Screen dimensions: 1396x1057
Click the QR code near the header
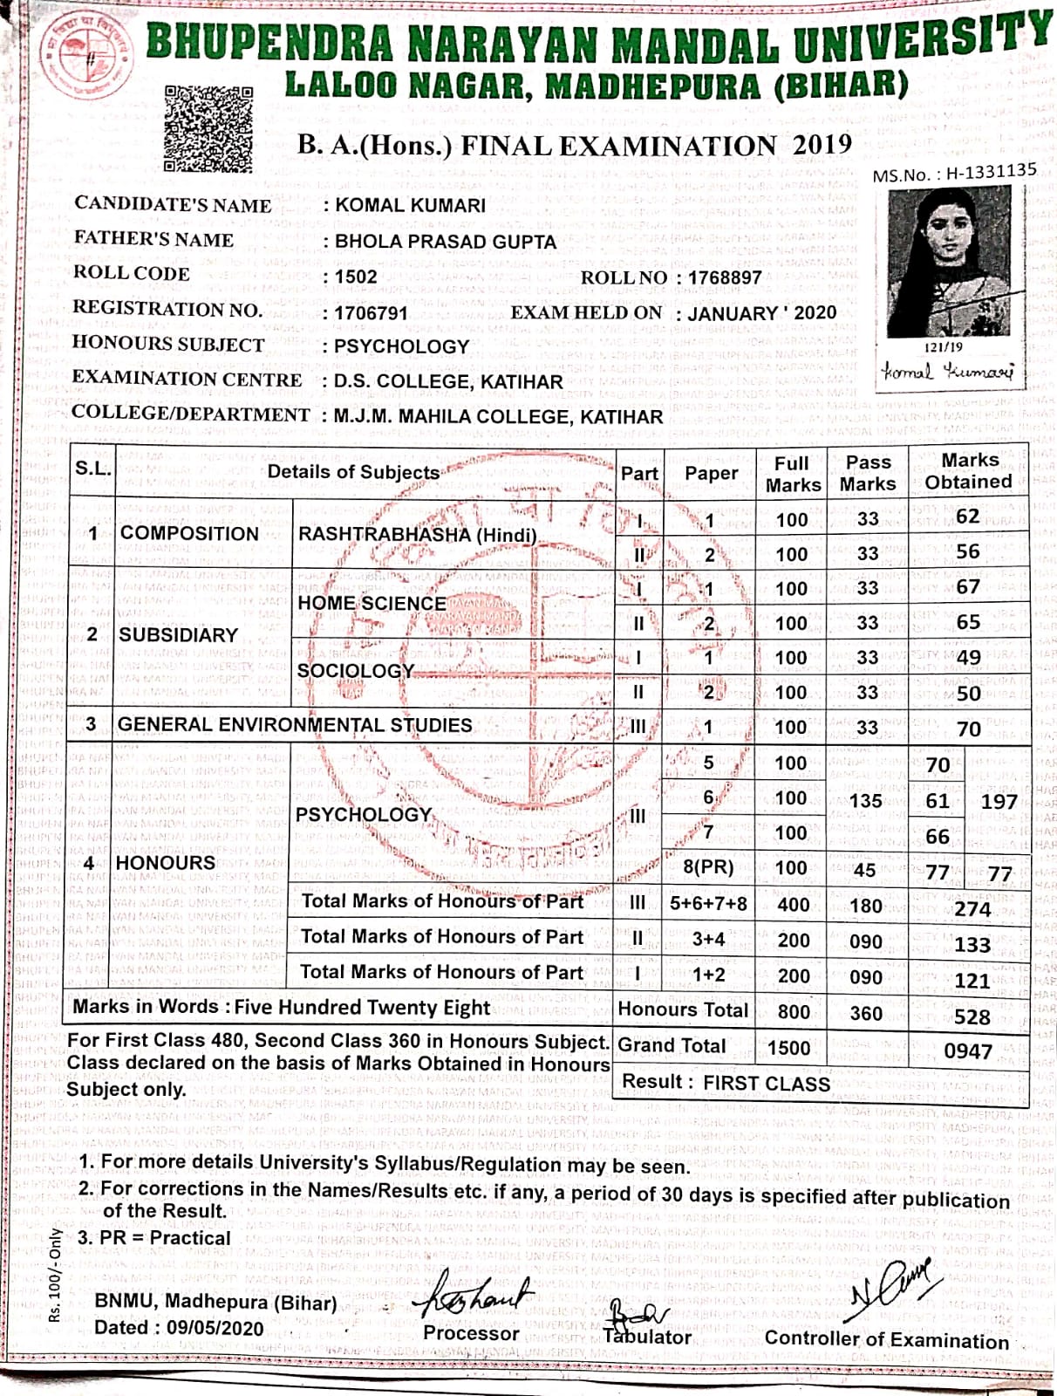tap(208, 128)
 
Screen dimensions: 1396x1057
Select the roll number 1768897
tap(724, 277)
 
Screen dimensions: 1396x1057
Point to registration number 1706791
tap(372, 312)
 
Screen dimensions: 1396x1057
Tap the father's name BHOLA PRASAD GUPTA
tap(445, 241)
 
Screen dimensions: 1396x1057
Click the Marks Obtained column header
tap(968, 471)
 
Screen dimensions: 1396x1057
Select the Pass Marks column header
tap(868, 473)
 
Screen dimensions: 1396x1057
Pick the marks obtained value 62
tap(967, 517)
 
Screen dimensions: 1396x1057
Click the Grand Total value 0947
tap(967, 1050)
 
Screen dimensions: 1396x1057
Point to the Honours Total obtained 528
tap(972, 1016)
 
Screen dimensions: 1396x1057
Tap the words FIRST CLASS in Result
tap(767, 1084)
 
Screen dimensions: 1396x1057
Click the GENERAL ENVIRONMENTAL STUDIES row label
tap(295, 725)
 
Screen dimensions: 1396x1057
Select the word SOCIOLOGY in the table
tap(355, 671)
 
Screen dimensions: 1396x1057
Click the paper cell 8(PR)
tap(707, 868)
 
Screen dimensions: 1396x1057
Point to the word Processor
tap(471, 1332)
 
